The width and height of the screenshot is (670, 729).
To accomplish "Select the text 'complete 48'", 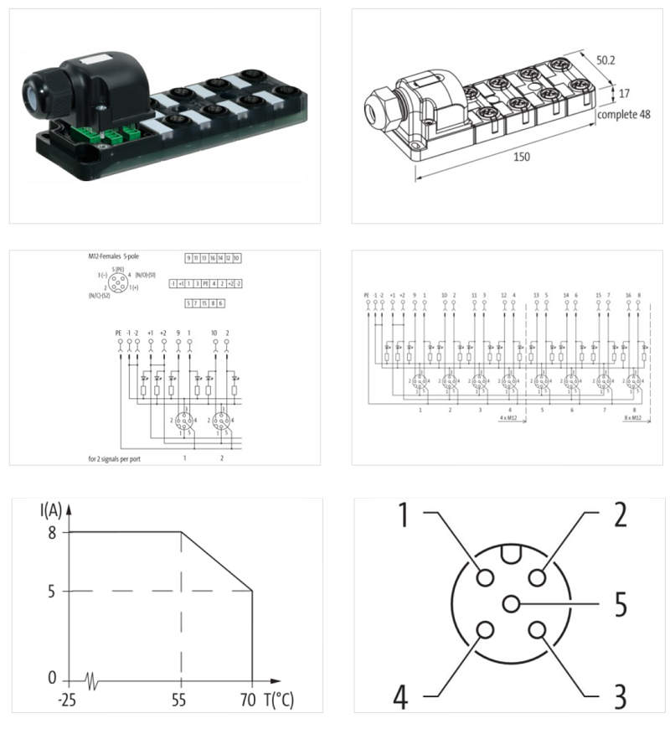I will coord(623,114).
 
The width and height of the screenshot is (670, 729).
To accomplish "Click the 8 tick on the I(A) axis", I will coord(52,531).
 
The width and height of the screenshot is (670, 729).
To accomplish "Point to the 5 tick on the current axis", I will coord(52,591).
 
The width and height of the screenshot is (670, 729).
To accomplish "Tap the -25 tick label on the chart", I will coord(67,700).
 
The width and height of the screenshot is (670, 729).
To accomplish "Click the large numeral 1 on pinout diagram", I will coord(405,514).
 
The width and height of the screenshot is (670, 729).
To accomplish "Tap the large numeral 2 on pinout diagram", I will coord(620,514).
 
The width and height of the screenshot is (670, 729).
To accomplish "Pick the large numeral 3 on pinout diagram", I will coord(620,695).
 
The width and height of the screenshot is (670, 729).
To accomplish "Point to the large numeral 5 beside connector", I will coord(621,604).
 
